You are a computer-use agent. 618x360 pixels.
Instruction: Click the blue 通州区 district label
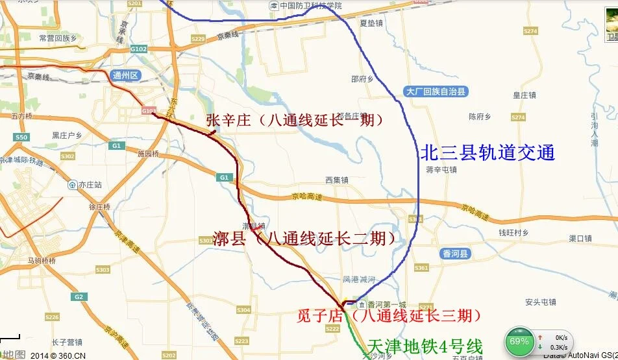(x=126, y=75)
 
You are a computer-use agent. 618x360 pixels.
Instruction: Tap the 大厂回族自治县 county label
(x=436, y=92)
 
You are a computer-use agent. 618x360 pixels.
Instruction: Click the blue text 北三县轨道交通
(x=488, y=153)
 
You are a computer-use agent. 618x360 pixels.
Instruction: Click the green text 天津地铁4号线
(x=425, y=346)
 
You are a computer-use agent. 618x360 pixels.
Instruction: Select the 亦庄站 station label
(x=85, y=185)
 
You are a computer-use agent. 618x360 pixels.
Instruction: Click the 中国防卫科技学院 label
(x=310, y=5)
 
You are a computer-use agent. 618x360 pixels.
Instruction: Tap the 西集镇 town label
(x=338, y=180)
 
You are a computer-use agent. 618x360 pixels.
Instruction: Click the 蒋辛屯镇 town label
(x=441, y=170)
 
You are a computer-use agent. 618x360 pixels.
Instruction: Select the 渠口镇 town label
(x=580, y=238)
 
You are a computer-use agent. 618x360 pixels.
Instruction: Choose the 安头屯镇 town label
(x=541, y=302)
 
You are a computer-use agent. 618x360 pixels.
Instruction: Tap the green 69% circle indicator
(x=519, y=341)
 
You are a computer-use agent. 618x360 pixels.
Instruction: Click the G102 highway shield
(x=138, y=49)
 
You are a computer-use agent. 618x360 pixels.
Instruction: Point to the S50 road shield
(x=21, y=138)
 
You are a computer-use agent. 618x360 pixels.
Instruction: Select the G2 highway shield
(x=79, y=296)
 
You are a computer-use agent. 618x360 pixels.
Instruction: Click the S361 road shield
(x=421, y=268)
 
